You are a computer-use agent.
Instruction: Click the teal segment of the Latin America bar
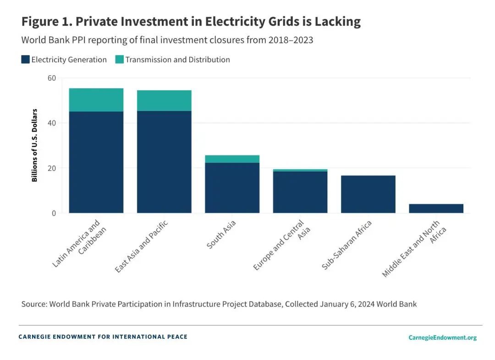click(x=96, y=100)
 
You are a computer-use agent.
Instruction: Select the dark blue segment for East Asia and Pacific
click(x=164, y=162)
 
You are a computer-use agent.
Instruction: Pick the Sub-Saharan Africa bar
click(x=368, y=194)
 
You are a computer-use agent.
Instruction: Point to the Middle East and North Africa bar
click(x=436, y=208)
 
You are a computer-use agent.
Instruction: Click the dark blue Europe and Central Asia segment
click(x=300, y=192)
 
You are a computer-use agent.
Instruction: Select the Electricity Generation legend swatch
click(x=26, y=59)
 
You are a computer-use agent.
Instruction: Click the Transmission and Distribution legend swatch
click(x=119, y=59)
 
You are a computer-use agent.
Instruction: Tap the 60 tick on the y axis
click(x=51, y=78)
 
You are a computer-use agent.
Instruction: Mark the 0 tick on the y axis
click(x=54, y=213)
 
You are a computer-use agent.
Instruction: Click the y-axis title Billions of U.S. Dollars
click(x=35, y=145)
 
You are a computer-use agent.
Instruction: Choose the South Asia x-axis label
click(x=222, y=235)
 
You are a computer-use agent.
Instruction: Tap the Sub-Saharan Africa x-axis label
click(x=347, y=245)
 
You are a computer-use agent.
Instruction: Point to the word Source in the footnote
click(x=33, y=304)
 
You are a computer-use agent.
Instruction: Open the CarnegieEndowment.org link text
click(x=442, y=338)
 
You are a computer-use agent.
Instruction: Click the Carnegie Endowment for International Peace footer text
click(x=103, y=337)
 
